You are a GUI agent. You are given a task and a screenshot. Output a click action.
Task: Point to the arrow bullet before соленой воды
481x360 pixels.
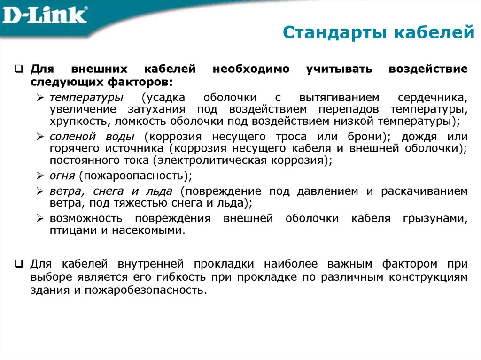[x=40, y=137]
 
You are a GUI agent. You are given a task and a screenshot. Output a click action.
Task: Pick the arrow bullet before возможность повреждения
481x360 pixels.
[x=40, y=219]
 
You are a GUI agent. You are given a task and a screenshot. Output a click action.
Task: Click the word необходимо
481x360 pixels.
[x=251, y=69]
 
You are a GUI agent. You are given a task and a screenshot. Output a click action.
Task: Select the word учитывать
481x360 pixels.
[x=340, y=69]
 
